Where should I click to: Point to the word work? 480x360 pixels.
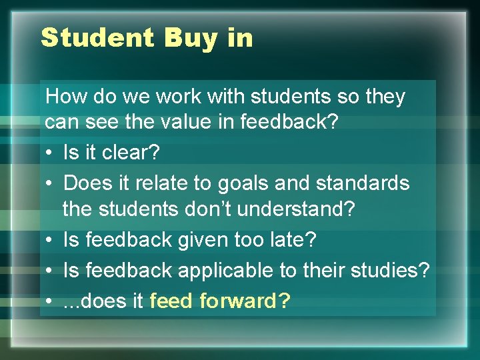pos(181,97)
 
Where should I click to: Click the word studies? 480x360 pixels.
pos(390,271)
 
